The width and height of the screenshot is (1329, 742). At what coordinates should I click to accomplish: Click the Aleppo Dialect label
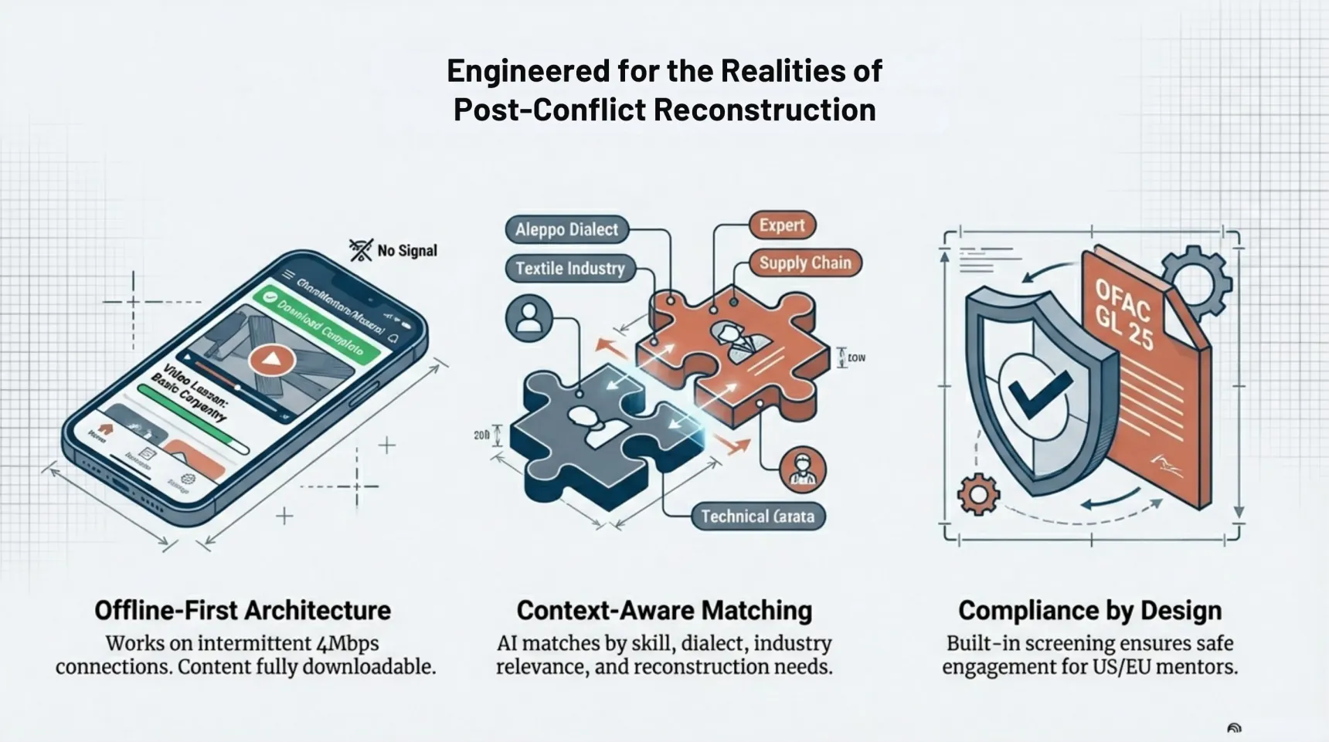pyautogui.click(x=566, y=229)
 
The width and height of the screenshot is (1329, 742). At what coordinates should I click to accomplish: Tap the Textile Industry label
pyautogui.click(x=569, y=268)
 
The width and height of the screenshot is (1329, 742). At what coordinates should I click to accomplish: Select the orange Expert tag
pyautogui.click(x=781, y=225)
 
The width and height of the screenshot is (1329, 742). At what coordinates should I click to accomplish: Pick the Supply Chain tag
pyautogui.click(x=804, y=263)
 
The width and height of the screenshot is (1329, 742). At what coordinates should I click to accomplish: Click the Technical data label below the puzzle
pyautogui.click(x=756, y=517)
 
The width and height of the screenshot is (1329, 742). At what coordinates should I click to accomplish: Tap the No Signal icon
pyautogui.click(x=361, y=249)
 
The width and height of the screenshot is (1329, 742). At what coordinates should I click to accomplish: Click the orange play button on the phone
pyautogui.click(x=271, y=360)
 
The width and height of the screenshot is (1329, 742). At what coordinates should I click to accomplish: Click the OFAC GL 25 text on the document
pyautogui.click(x=1125, y=313)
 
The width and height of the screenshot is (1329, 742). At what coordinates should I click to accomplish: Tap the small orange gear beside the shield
pyautogui.click(x=978, y=494)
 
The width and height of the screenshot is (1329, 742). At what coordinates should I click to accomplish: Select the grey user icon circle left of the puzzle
pyautogui.click(x=529, y=318)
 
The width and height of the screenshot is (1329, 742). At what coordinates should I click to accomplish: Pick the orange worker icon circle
pyautogui.click(x=803, y=469)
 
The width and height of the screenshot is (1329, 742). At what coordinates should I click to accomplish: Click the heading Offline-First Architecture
pyautogui.click(x=243, y=610)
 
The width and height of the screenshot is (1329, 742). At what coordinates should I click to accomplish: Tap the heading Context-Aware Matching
pyautogui.click(x=664, y=610)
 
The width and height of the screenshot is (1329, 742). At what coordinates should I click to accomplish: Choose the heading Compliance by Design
pyautogui.click(x=1089, y=610)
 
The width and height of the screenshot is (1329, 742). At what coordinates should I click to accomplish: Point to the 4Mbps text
pyautogui.click(x=348, y=643)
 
